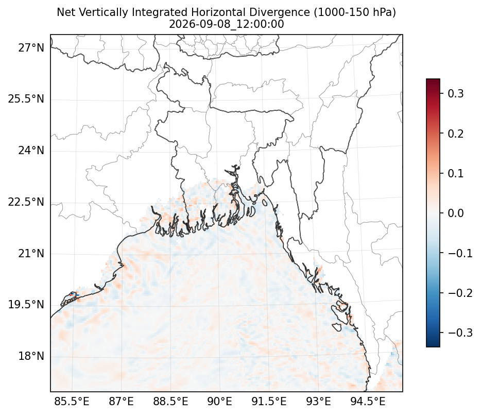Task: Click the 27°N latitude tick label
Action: (31, 48)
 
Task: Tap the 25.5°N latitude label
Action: (26, 99)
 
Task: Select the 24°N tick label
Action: (31, 151)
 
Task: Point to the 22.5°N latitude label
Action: (26, 203)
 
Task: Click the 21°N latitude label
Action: (31, 254)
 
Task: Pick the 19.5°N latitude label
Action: (26, 305)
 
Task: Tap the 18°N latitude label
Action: (31, 357)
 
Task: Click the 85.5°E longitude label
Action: (72, 402)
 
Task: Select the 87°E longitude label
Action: (121, 402)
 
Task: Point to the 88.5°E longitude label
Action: (170, 402)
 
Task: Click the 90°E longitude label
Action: (219, 402)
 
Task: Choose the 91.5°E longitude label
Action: (269, 402)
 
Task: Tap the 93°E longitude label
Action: (318, 402)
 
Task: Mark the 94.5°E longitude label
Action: (368, 402)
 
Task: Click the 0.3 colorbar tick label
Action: (456, 93)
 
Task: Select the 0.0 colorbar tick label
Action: (456, 213)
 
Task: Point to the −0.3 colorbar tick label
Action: (460, 333)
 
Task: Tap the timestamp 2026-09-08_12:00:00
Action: (227, 24)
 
